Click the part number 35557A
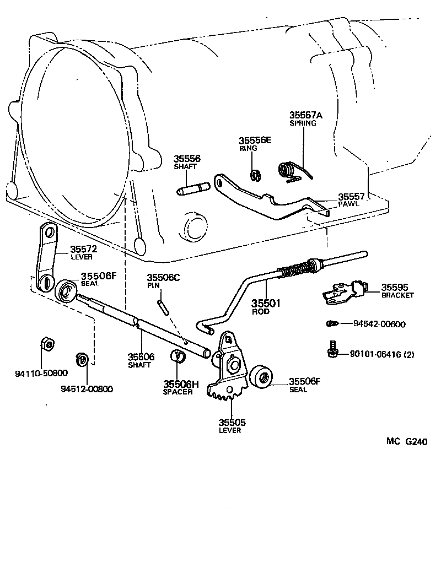point(306,115)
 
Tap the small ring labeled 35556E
point(255,175)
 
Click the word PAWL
point(348,204)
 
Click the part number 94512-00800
point(87,389)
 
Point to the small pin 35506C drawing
point(162,305)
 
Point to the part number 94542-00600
point(379,325)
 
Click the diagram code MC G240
point(406,441)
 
